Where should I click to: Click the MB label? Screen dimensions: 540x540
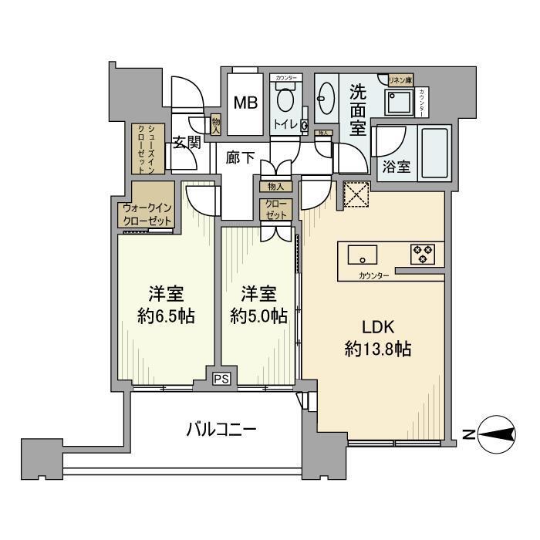[x=247, y=103]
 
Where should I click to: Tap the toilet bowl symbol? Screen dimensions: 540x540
[x=286, y=100]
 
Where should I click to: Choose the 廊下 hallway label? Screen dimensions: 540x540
[x=240, y=157]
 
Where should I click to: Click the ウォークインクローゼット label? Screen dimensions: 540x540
[x=147, y=214]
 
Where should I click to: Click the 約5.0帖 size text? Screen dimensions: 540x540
[x=258, y=316]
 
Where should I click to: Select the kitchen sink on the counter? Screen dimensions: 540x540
[x=361, y=254]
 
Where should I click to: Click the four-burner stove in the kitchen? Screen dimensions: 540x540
[x=422, y=254]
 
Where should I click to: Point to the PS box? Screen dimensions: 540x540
[x=222, y=379]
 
